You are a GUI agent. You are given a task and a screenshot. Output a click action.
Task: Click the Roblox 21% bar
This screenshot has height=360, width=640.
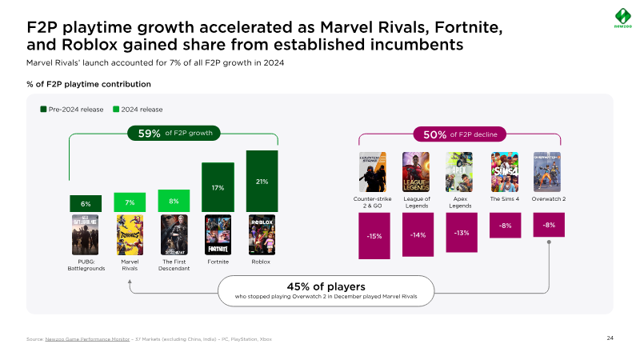(262, 182)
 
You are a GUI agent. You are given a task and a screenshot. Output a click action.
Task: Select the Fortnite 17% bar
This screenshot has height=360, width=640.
(218, 188)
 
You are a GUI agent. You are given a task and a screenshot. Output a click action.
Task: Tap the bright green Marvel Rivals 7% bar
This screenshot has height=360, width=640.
(130, 203)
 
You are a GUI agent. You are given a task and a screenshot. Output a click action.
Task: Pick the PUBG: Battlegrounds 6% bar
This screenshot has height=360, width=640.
(86, 204)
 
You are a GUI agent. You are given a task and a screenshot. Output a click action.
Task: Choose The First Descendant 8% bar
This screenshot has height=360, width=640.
(174, 202)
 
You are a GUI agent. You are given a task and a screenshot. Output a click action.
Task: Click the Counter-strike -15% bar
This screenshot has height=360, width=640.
(374, 236)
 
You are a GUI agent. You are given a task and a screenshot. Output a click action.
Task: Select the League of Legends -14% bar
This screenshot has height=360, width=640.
(418, 234)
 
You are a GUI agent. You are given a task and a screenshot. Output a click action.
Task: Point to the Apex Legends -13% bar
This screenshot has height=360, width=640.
(462, 233)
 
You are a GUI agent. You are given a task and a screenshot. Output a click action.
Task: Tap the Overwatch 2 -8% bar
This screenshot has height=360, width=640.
(549, 225)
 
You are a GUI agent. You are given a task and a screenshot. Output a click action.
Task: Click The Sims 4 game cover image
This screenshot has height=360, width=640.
(505, 170)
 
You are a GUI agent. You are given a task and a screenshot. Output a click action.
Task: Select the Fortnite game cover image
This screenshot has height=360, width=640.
(218, 234)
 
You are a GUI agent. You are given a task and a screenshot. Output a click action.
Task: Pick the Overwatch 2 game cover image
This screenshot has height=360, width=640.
(548, 170)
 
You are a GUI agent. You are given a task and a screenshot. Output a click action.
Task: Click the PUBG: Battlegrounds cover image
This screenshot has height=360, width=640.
(86, 234)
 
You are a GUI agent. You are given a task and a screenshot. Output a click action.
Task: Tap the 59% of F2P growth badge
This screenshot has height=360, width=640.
(174, 133)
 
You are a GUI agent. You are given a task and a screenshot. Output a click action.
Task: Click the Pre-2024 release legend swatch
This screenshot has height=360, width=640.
(43, 110)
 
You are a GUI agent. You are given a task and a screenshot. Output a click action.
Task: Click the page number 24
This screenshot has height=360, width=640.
(610, 339)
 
